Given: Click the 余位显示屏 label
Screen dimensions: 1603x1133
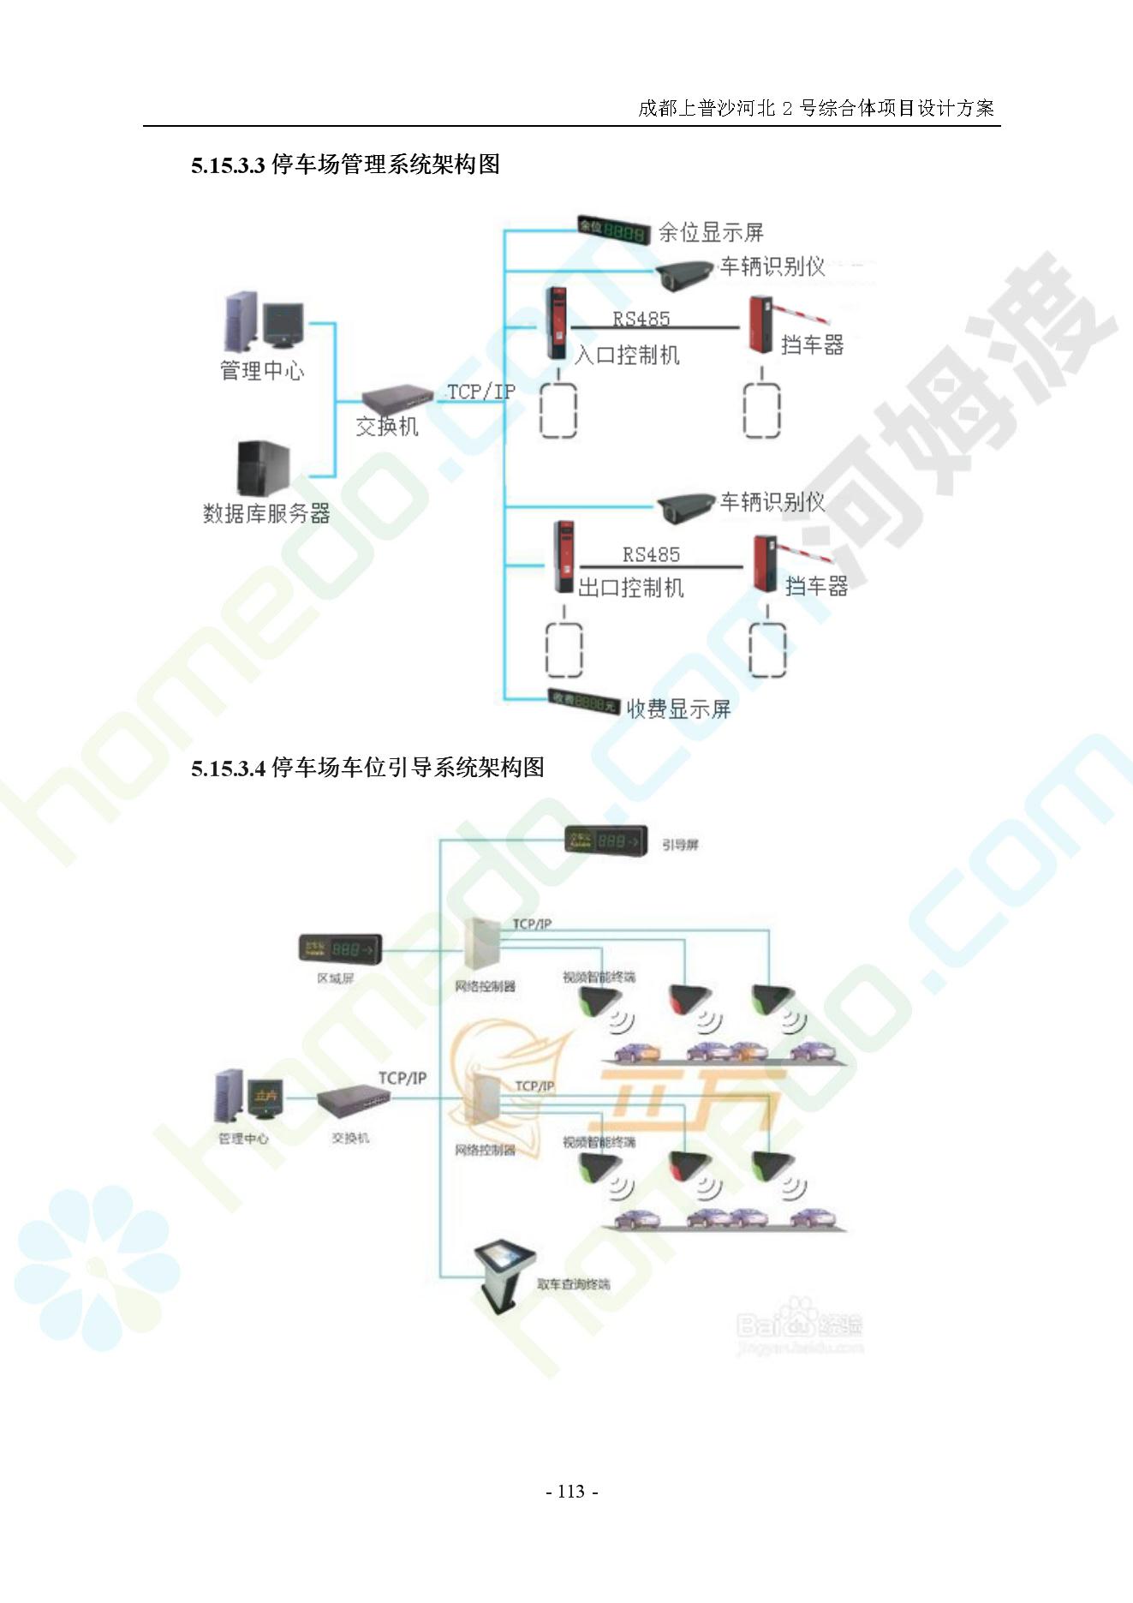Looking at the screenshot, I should point(710,232).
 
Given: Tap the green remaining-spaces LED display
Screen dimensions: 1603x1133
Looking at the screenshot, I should point(613,230).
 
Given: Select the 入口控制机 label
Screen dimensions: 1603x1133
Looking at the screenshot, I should point(627,355).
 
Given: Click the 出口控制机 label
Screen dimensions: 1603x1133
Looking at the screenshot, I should point(631,588).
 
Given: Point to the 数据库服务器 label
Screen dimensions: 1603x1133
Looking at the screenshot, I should point(266,513).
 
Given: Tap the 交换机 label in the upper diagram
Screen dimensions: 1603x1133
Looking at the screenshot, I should point(387,426).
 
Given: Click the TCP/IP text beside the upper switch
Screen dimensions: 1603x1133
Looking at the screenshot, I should point(481,392).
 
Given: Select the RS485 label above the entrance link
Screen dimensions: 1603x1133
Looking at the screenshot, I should point(641,319).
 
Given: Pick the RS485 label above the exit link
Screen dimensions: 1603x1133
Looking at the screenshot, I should point(651,554).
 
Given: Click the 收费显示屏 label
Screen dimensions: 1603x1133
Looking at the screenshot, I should point(678,709).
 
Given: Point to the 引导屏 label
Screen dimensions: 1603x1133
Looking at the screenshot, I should point(680,845).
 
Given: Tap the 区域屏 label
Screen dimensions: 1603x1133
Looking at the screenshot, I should point(335,978).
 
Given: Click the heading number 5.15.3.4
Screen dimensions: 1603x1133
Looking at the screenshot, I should point(228,769).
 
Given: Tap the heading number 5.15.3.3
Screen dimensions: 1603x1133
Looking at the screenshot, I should point(228,165).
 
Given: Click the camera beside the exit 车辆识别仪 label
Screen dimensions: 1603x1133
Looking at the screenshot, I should point(684,507).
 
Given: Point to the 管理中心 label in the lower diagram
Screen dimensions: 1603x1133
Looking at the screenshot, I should point(243,1139).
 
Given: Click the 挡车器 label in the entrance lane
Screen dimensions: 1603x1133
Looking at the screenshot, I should point(812,345).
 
